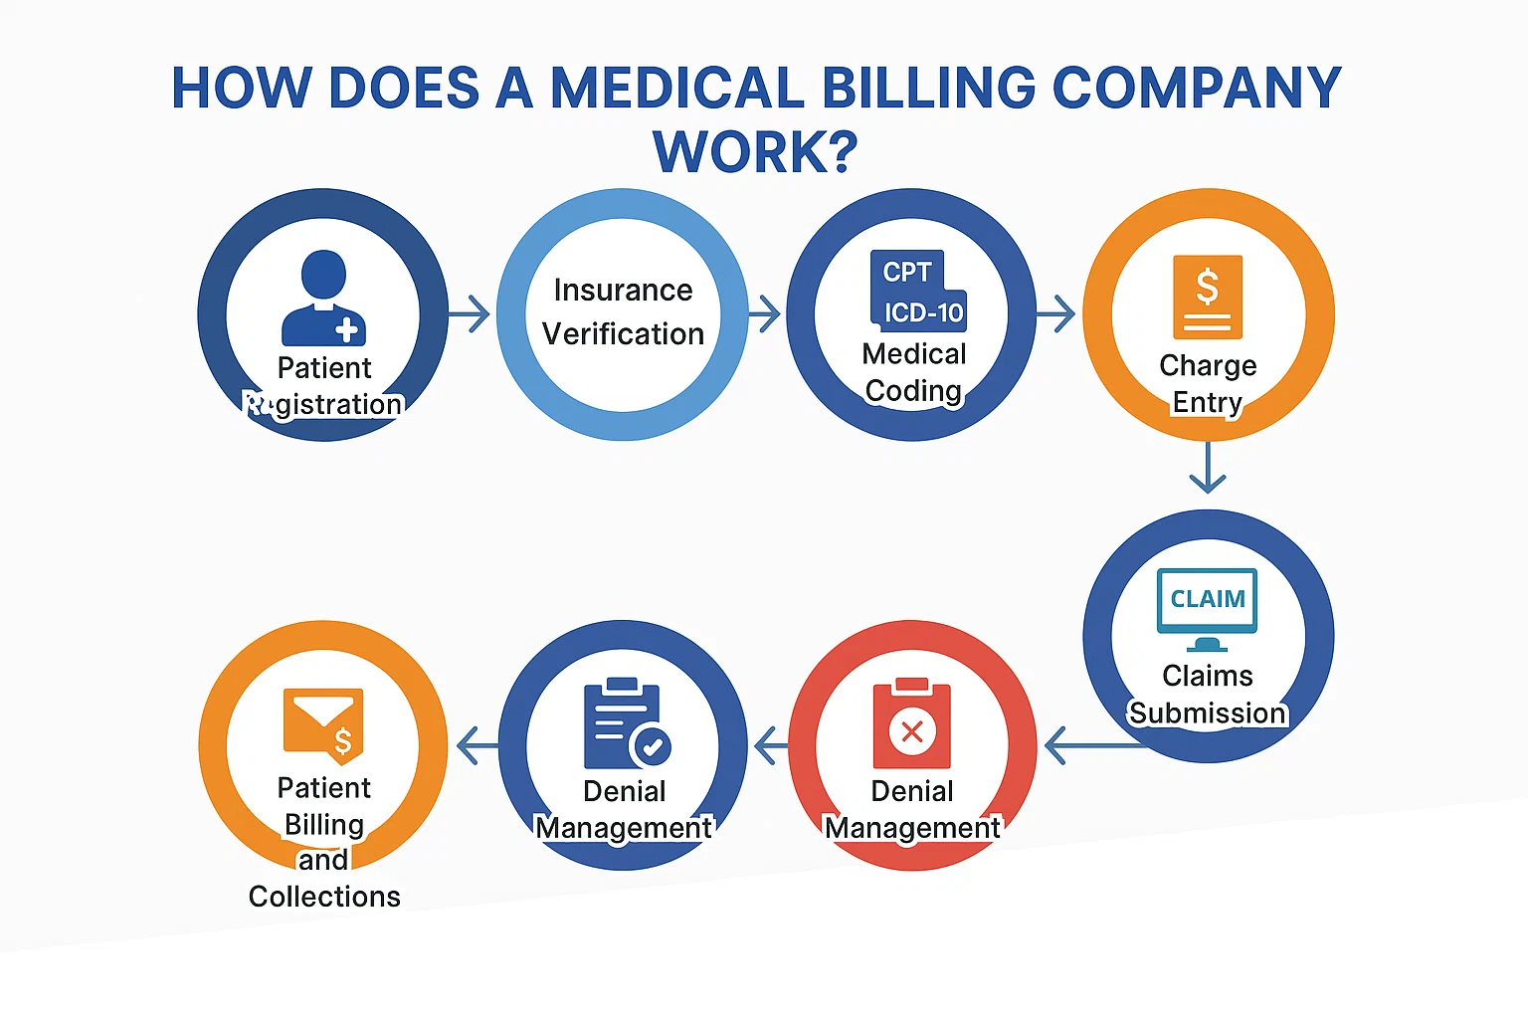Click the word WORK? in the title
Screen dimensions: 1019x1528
click(x=755, y=151)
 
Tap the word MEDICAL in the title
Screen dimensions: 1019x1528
click(x=677, y=88)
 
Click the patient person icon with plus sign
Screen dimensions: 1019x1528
click(x=324, y=298)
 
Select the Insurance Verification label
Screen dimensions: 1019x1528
click(x=623, y=311)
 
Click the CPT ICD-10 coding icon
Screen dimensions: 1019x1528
click(x=916, y=290)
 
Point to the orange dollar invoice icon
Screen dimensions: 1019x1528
click(x=1208, y=297)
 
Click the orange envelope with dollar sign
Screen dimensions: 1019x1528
click(x=323, y=720)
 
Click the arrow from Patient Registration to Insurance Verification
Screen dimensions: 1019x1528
click(x=470, y=314)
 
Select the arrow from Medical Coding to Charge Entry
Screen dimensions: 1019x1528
click(x=1055, y=314)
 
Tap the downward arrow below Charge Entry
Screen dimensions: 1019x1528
click(x=1208, y=468)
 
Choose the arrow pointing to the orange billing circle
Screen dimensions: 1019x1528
click(x=477, y=745)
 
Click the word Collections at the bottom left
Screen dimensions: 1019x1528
click(x=324, y=897)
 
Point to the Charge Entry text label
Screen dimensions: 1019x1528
click(x=1208, y=384)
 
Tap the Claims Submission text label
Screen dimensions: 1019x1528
click(x=1208, y=695)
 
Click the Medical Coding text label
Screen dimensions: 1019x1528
click(x=914, y=372)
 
